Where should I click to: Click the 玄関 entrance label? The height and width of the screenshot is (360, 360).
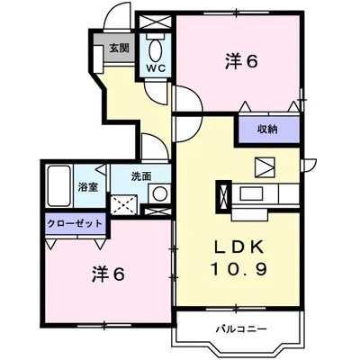point(119,49)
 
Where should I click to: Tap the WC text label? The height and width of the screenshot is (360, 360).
point(155,67)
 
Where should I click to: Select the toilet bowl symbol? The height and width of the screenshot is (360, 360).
point(155,48)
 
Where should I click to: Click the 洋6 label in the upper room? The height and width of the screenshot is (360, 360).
point(240,62)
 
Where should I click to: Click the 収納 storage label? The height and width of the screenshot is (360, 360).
point(266,130)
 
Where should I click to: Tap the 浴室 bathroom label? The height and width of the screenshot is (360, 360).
point(87,187)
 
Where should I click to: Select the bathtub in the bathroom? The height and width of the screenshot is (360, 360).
point(58,187)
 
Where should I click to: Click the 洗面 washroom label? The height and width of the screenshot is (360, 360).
point(139,176)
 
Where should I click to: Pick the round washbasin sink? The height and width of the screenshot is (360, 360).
point(158,193)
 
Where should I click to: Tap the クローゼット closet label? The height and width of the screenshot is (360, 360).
point(74,223)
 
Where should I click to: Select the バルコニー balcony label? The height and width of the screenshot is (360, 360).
point(241,328)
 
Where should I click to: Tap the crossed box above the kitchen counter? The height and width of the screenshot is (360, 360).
point(266,167)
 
